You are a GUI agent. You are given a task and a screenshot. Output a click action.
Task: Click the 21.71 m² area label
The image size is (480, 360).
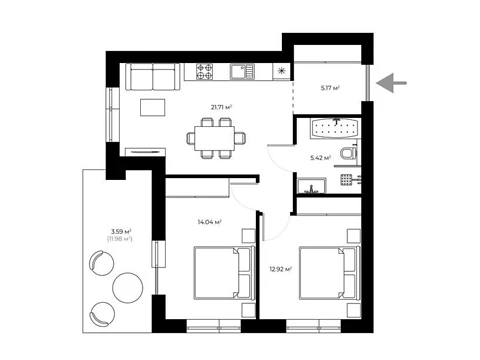click(221, 107)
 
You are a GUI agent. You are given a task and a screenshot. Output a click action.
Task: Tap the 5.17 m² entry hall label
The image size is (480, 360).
click(330, 88)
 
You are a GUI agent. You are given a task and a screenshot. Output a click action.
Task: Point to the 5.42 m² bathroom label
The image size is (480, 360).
click(320, 158)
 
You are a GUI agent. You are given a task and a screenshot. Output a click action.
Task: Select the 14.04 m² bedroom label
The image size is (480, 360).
click(210, 221)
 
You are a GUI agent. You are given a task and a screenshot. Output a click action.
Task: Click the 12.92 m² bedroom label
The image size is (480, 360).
click(281, 269)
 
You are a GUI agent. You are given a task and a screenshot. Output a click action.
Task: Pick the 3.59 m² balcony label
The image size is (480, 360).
click(121, 231)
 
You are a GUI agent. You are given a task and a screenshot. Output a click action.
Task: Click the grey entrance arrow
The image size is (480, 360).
click(391, 83)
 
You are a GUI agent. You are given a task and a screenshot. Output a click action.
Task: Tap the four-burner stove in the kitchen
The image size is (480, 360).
click(204, 71)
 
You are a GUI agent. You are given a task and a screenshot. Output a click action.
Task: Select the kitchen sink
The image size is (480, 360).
click(242, 71)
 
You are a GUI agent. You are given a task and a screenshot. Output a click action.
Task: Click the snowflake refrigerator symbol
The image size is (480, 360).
click(282, 71)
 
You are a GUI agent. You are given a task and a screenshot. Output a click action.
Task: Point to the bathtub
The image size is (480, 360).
click(335, 128)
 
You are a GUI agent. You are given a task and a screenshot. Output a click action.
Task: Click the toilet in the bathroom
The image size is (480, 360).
click(349, 154)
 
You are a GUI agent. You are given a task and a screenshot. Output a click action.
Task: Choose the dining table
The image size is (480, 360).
click(215, 138)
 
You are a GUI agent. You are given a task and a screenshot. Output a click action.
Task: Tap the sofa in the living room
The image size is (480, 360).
click(153, 77)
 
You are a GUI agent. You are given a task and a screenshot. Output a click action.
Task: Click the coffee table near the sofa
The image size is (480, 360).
click(153, 107)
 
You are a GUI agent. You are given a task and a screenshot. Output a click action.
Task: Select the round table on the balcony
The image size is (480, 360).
click(128, 288)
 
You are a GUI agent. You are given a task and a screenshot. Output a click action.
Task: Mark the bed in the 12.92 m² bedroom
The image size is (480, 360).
click(330, 273)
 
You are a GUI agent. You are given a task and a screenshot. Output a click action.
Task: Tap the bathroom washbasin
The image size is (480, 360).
click(312, 186)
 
